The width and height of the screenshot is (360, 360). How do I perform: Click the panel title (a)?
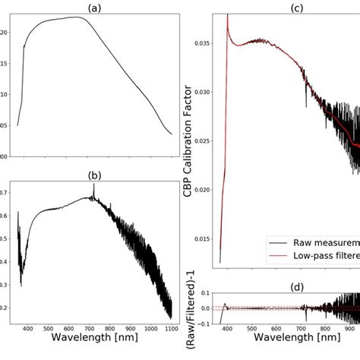93,8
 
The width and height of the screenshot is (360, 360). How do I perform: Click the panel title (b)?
93,175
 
